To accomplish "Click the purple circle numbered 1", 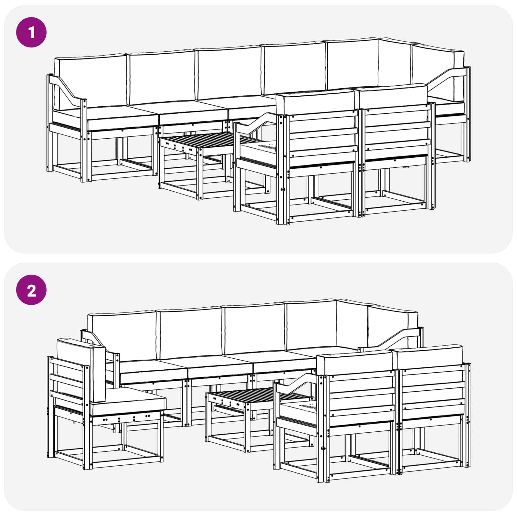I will click(31, 32).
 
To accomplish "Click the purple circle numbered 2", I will click(31, 290).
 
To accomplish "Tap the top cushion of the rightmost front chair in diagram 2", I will click(430, 355).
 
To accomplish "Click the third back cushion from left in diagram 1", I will click(229, 73).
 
